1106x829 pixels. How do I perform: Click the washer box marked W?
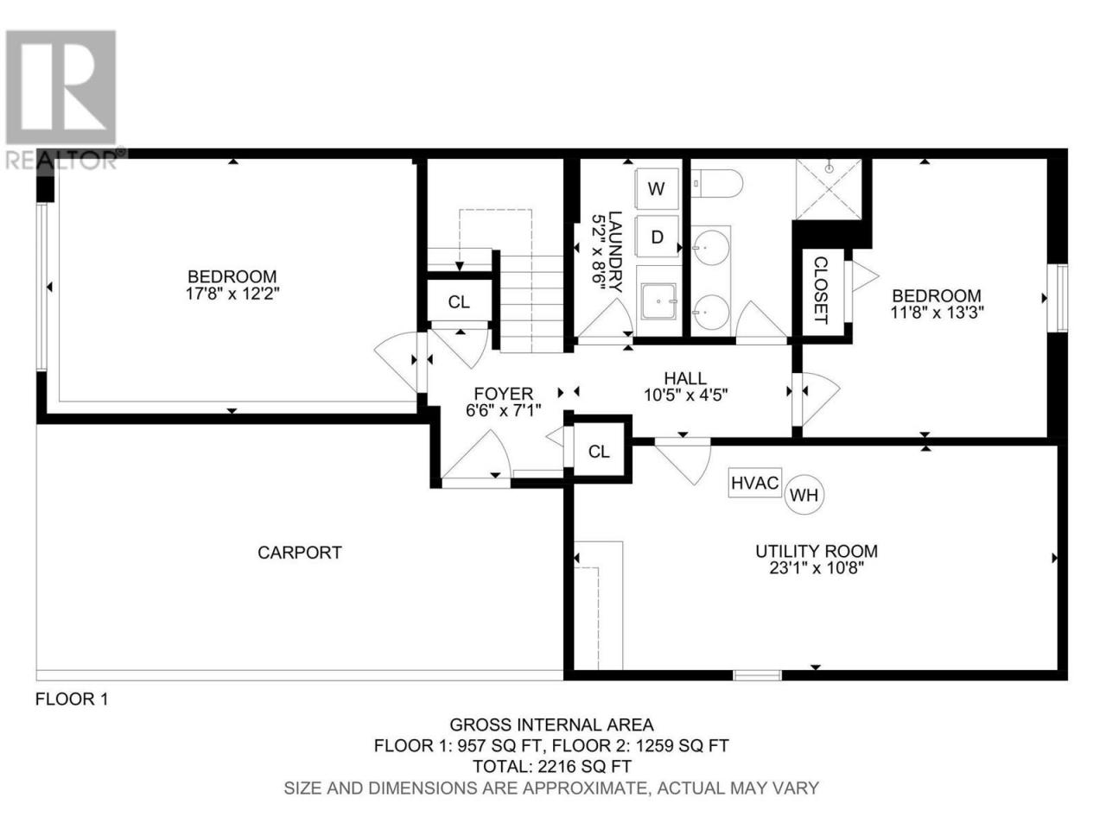click(656, 189)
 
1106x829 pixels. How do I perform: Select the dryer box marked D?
click(656, 237)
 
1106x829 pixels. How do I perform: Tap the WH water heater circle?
click(804, 495)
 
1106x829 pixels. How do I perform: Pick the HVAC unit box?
click(754, 483)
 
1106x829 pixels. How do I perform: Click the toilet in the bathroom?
click(716, 184)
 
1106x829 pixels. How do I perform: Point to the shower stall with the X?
click(829, 189)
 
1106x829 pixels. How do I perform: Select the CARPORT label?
click(299, 553)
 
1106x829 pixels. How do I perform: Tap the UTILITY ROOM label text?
click(817, 551)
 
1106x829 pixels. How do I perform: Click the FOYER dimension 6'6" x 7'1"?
click(504, 411)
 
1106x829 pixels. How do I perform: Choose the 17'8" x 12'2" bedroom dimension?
click(232, 294)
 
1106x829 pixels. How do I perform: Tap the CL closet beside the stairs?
click(459, 302)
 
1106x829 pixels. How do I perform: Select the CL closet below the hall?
click(599, 452)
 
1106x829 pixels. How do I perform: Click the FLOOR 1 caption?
click(72, 699)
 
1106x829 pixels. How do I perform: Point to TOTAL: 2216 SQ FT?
click(552, 767)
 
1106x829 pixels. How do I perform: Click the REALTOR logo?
click(61, 99)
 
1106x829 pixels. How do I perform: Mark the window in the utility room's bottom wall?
click(757, 675)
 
